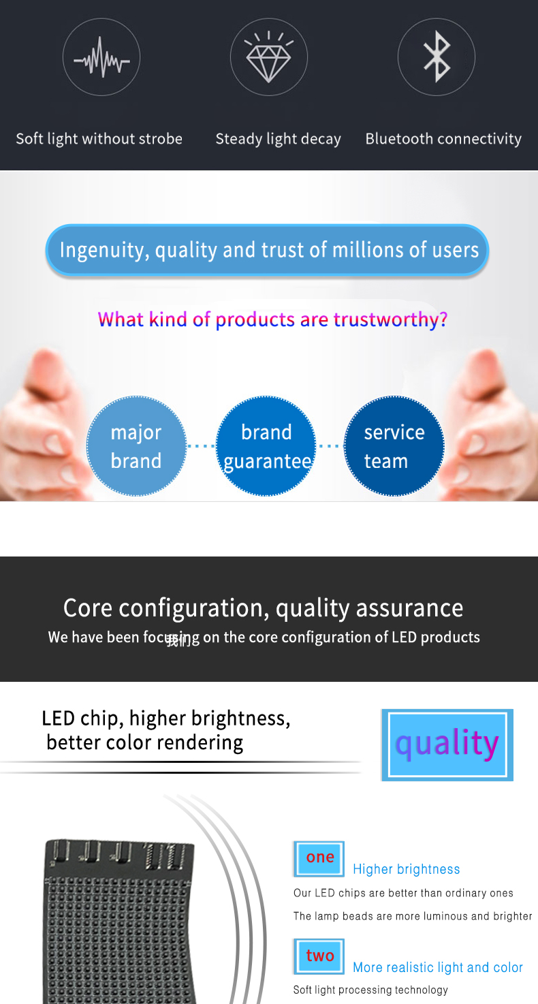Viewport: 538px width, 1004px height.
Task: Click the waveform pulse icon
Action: pos(101,57)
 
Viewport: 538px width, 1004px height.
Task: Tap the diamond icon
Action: pos(269,57)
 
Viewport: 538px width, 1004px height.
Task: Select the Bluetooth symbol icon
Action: pos(437,57)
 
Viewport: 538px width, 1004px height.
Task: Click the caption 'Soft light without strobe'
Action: pos(99,139)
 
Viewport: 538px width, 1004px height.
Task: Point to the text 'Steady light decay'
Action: pos(278,139)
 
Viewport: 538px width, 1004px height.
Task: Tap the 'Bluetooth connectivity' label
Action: pos(443,139)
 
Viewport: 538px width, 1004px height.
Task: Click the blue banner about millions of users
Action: pos(268,250)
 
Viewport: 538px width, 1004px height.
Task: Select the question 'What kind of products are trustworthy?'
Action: pos(272,319)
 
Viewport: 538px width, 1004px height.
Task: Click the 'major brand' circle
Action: pos(136,446)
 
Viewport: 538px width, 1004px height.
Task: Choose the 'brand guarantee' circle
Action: pos(266,446)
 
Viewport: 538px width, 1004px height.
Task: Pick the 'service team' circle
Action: pos(394,446)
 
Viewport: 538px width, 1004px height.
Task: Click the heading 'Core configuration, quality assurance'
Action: pos(263,608)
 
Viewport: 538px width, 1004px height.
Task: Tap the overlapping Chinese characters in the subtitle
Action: pos(178,640)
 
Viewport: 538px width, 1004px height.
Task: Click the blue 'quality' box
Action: pos(447,744)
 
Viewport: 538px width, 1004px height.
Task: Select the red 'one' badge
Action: pos(319,858)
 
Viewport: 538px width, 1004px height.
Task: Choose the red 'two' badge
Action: pos(319,956)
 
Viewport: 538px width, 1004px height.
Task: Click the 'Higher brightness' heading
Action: pos(406,869)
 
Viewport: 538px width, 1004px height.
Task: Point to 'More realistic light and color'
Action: pos(438,967)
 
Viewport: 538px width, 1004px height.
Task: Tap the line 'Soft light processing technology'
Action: pos(370,990)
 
